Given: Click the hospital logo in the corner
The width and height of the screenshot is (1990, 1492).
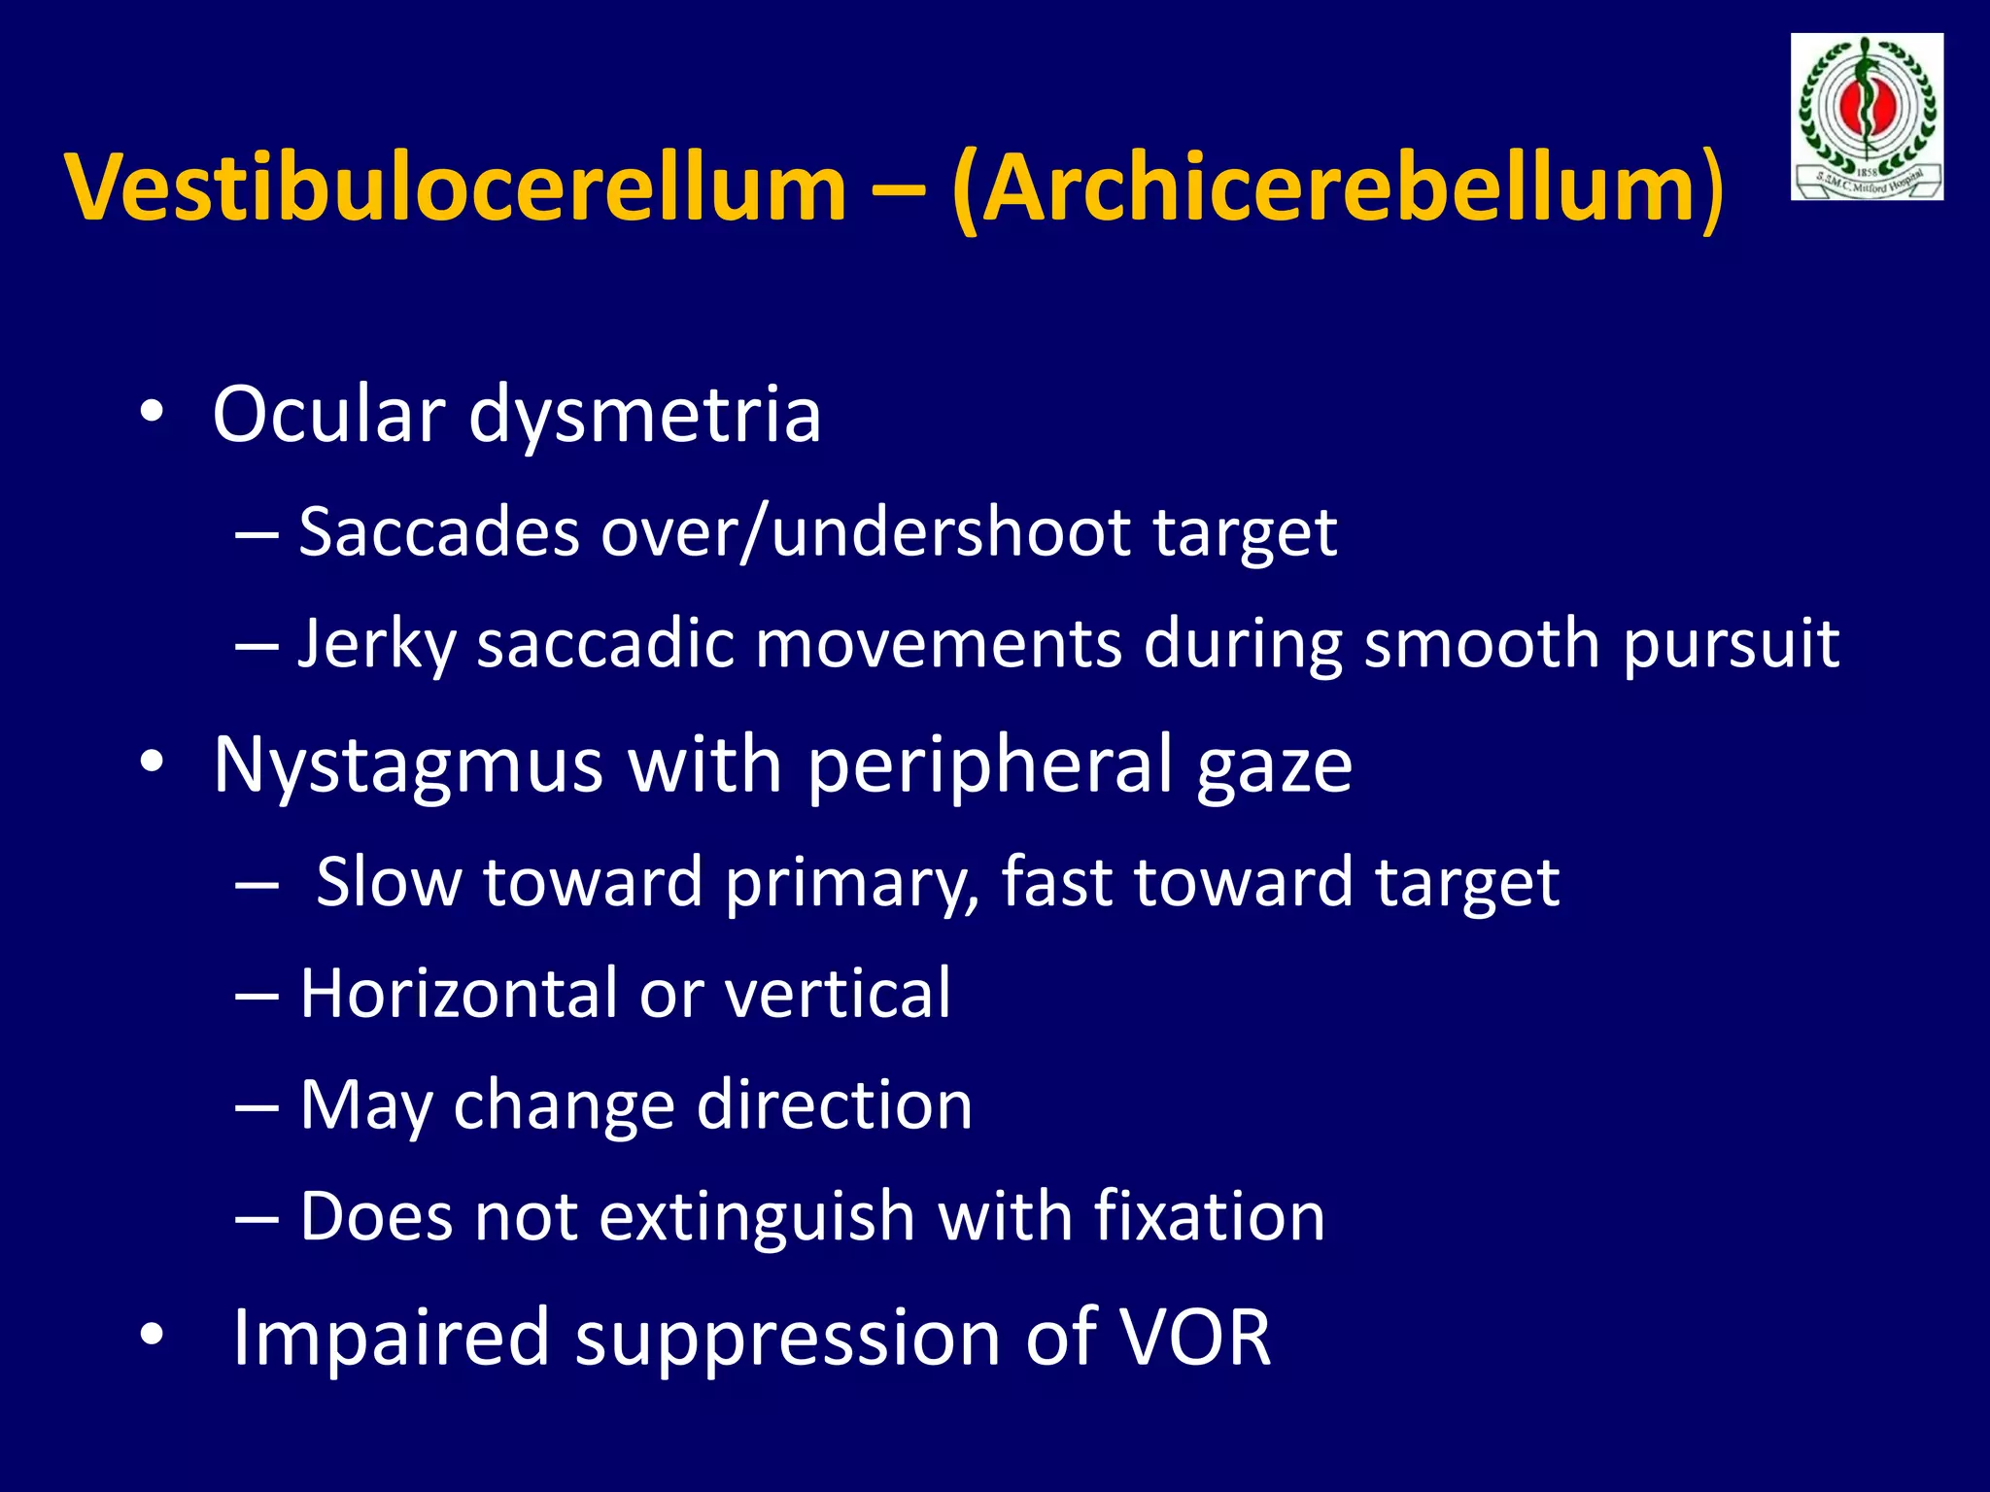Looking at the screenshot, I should point(1867,117).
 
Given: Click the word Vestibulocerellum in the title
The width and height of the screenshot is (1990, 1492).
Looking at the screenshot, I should point(457,187).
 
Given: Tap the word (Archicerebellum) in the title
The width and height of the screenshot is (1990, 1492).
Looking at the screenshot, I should point(1338,189).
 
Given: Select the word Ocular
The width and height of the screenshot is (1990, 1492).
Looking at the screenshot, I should point(328,415).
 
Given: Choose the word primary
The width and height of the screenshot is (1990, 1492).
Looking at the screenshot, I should point(852,884).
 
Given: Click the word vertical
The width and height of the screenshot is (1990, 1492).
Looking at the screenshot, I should point(838,994).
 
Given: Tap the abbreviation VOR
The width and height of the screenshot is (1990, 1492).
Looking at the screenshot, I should point(1195,1339).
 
